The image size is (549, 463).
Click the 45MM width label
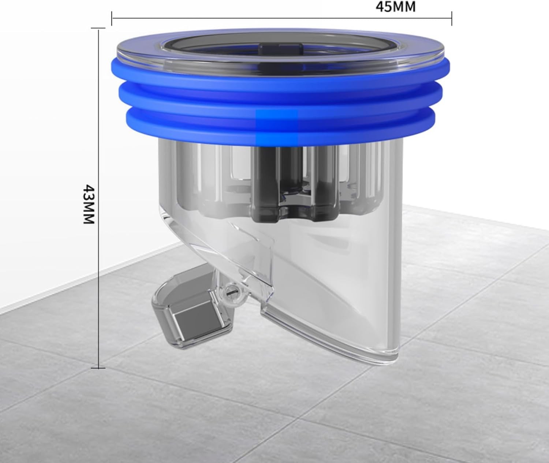(395, 7)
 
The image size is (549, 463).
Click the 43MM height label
(89, 204)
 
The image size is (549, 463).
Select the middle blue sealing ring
(280, 98)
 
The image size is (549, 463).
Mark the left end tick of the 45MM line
(112, 18)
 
